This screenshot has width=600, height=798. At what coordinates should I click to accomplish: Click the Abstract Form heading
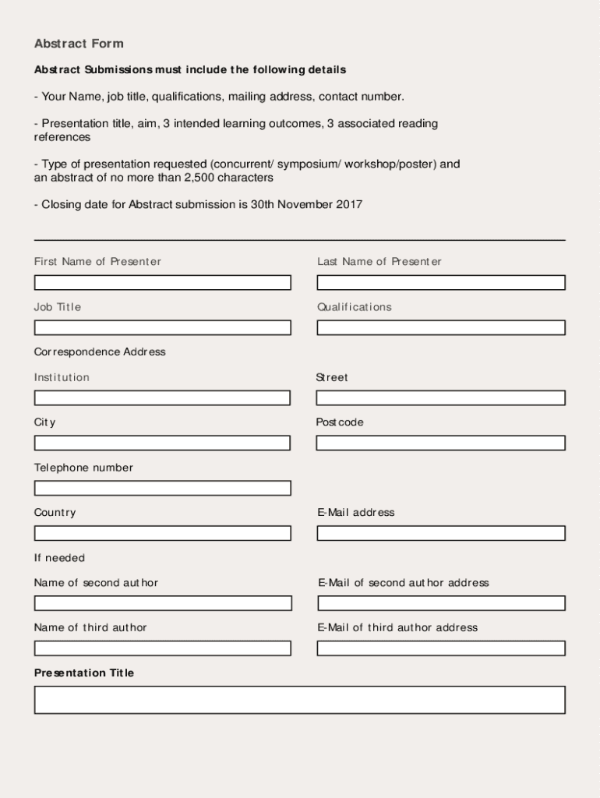tap(79, 44)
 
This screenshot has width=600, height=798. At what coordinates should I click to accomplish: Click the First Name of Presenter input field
tap(162, 283)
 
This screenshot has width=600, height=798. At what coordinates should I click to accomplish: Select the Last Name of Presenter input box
tap(441, 283)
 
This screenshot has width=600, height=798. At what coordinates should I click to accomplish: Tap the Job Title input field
tap(162, 328)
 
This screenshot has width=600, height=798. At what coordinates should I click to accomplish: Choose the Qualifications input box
tap(441, 328)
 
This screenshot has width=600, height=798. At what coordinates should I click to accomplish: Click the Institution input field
tap(162, 398)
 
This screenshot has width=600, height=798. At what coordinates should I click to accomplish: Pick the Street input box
tap(441, 398)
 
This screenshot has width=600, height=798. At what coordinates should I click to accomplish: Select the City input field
tap(162, 443)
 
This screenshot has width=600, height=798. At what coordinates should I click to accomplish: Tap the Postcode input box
tap(441, 443)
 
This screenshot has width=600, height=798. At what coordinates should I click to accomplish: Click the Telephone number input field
tap(162, 489)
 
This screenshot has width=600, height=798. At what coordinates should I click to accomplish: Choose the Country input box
tap(162, 534)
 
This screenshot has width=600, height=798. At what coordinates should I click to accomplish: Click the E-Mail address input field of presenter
tap(441, 534)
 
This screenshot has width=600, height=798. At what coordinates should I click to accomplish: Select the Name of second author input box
tap(162, 603)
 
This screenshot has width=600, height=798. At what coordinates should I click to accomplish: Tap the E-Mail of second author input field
tap(441, 603)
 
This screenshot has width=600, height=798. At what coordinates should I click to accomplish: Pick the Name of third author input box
tap(162, 648)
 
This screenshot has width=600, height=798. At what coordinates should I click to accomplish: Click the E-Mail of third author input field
tap(441, 648)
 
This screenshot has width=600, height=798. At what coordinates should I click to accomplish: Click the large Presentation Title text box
tap(299, 700)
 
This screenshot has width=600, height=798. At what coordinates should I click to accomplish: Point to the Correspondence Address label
tap(100, 352)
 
